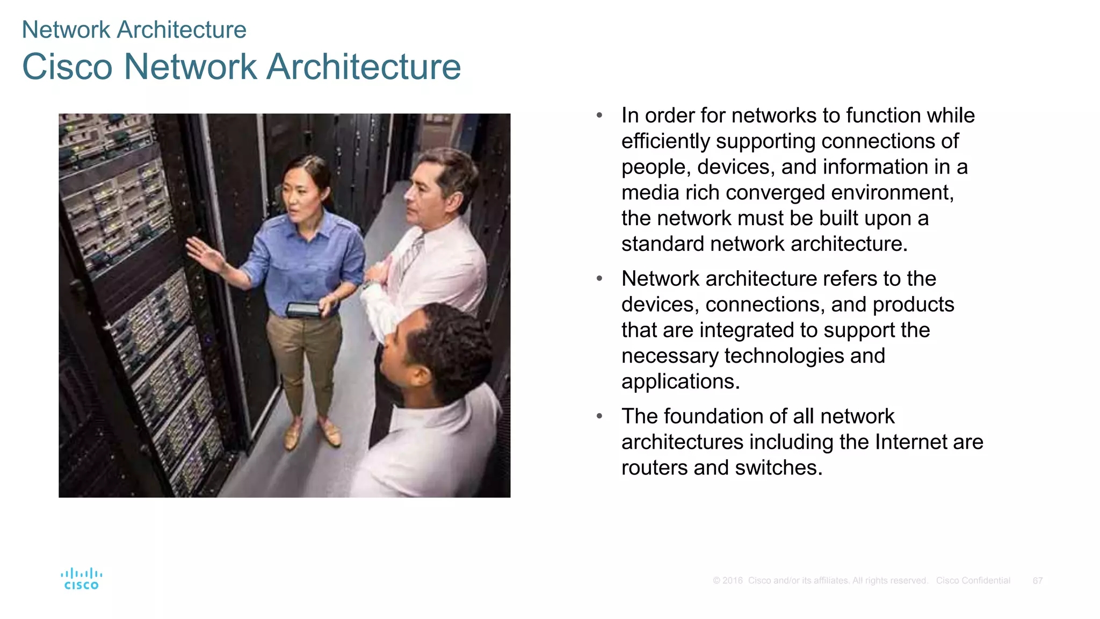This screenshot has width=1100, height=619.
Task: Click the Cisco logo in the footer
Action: click(81, 579)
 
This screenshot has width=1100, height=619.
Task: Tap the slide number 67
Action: click(1037, 581)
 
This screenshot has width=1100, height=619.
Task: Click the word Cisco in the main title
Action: click(67, 67)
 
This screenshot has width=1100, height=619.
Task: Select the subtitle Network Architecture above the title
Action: click(134, 30)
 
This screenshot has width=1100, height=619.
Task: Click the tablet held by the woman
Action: click(304, 309)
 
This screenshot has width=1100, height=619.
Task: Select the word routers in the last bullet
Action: click(654, 468)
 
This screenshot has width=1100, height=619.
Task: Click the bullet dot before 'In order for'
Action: click(599, 116)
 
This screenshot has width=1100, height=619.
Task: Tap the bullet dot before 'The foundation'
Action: click(599, 416)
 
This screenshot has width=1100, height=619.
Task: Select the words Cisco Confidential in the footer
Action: click(973, 581)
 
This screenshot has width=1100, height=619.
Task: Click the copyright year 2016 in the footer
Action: click(733, 581)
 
